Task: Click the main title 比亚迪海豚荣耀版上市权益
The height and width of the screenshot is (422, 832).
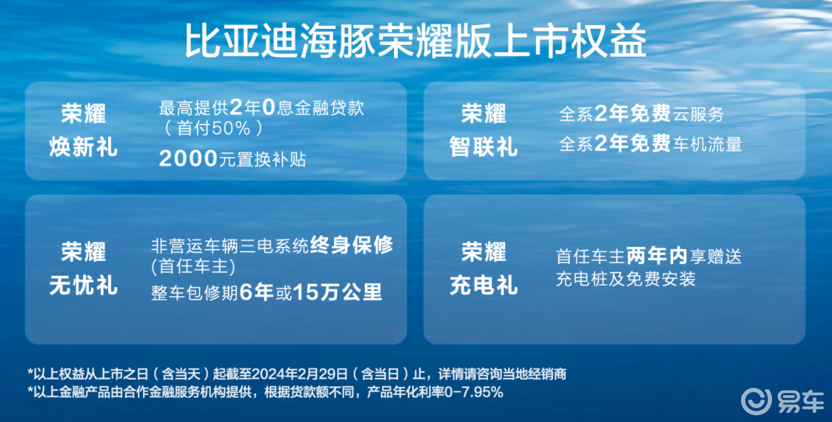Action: click(x=416, y=40)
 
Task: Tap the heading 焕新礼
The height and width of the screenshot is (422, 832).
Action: click(x=84, y=147)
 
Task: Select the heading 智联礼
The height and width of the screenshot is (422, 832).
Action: click(x=484, y=147)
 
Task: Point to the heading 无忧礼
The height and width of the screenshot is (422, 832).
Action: click(x=84, y=286)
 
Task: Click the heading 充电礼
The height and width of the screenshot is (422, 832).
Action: click(x=484, y=286)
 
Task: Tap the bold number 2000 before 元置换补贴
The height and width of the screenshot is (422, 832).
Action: click(x=188, y=159)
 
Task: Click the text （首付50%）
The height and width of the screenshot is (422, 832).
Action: click(x=213, y=128)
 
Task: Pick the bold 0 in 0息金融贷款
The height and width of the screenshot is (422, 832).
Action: click(x=269, y=107)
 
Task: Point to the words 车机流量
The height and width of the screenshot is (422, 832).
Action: click(x=707, y=144)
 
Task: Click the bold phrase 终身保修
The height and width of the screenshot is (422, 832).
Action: click(x=351, y=245)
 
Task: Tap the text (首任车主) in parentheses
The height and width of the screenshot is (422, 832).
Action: click(x=193, y=267)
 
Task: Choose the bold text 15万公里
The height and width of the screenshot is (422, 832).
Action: click(x=337, y=292)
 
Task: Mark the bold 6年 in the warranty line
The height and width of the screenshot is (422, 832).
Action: click(x=257, y=292)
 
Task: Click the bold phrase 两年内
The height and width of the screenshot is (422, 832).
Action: click(x=657, y=256)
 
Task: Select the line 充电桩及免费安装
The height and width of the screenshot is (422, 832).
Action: click(x=626, y=279)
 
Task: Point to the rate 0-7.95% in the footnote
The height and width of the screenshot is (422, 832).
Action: click(x=473, y=392)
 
